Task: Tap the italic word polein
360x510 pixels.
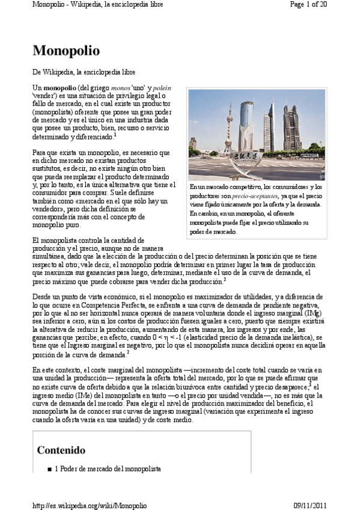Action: (x=154, y=88)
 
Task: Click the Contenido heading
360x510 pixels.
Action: (x=61, y=450)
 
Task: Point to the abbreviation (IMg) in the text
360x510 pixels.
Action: (x=311, y=313)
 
